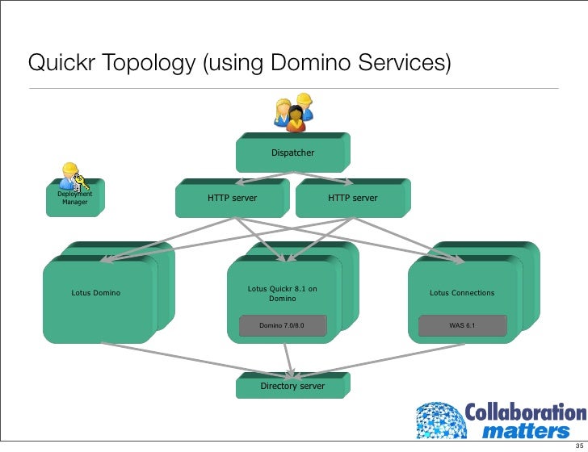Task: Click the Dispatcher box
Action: pyautogui.click(x=292, y=153)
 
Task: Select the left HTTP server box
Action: pyautogui.click(x=232, y=199)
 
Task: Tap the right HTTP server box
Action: pyautogui.click(x=352, y=199)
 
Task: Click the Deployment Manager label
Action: pyautogui.click(x=74, y=198)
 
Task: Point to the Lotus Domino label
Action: pyautogui.click(x=96, y=293)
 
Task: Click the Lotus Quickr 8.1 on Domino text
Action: pyautogui.click(x=282, y=293)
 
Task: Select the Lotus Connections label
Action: pyautogui.click(x=462, y=293)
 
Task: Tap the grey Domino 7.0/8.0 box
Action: pyautogui.click(x=282, y=326)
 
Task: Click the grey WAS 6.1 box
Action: pyautogui.click(x=462, y=326)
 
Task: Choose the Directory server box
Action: pyautogui.click(x=292, y=387)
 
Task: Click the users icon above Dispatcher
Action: pyautogui.click(x=293, y=113)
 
